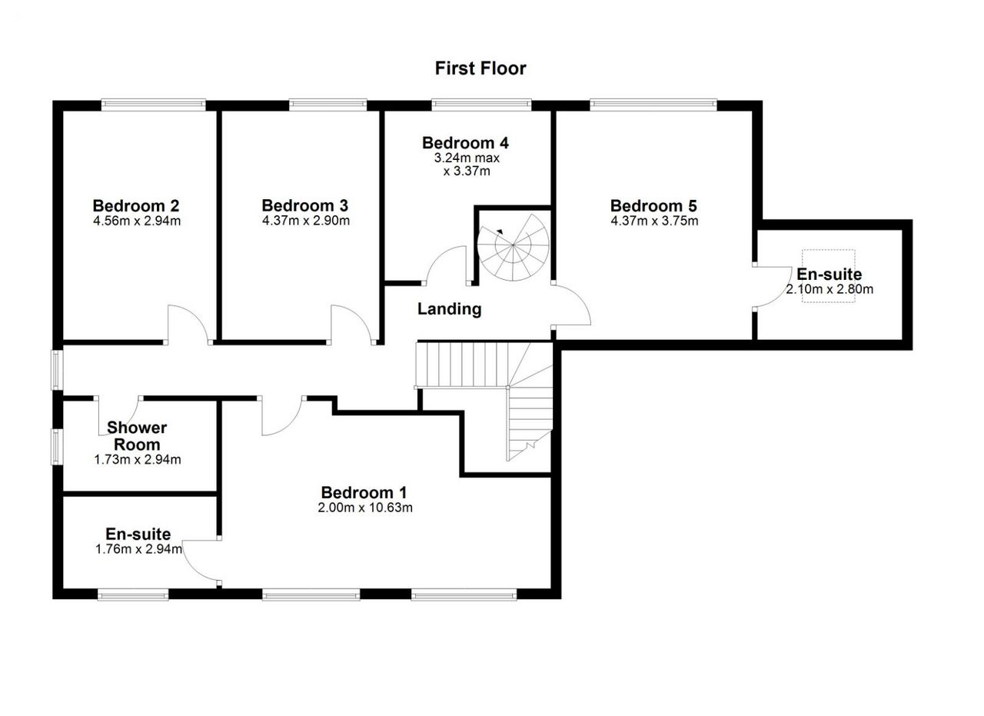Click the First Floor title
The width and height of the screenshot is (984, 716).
[x=480, y=68]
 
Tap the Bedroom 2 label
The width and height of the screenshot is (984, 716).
[x=136, y=205]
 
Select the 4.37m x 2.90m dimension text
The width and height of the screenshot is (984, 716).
[x=306, y=220]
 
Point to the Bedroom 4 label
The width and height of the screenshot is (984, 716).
[x=465, y=143]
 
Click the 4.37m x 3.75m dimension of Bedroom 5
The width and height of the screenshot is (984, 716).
[x=654, y=220]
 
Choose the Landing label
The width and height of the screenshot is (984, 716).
[x=450, y=309]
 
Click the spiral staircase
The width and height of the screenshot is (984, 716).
[x=513, y=248]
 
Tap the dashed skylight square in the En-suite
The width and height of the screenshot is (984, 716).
[x=828, y=276]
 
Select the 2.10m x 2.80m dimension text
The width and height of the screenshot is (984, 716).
[x=829, y=289]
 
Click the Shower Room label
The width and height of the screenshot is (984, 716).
[x=137, y=435]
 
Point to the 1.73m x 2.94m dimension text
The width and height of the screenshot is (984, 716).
[x=138, y=460]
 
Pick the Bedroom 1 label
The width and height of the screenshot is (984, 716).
[x=364, y=492]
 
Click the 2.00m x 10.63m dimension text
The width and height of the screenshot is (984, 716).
[x=365, y=508]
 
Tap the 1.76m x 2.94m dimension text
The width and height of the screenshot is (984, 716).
[x=138, y=549]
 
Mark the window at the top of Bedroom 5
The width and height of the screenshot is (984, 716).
[x=653, y=105]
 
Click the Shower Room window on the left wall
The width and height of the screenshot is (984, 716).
[x=57, y=447]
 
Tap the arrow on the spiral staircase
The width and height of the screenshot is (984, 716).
[x=500, y=232]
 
